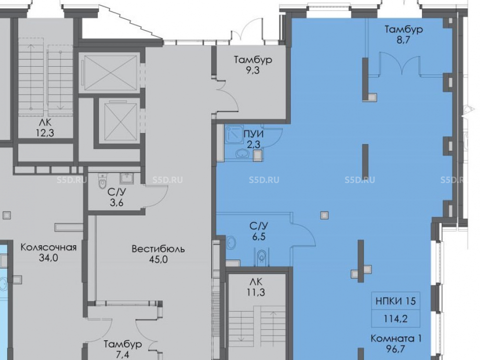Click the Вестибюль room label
tap(158, 249)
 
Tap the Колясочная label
tap(48, 247)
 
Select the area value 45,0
tap(158, 260)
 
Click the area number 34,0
tap(48, 258)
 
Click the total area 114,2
tap(396, 319)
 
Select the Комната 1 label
tap(396, 338)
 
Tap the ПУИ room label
tap(253, 134)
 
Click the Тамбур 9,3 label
tap(253, 65)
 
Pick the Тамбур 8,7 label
tap(404, 34)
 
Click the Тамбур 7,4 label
tap(123, 349)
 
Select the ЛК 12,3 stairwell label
tap(45, 128)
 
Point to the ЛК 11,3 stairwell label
tap(256, 287)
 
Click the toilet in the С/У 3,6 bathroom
tap(103, 181)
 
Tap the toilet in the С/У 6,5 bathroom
tap(261, 256)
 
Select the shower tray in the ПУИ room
tap(234, 135)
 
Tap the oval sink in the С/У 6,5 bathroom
tap(231, 243)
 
